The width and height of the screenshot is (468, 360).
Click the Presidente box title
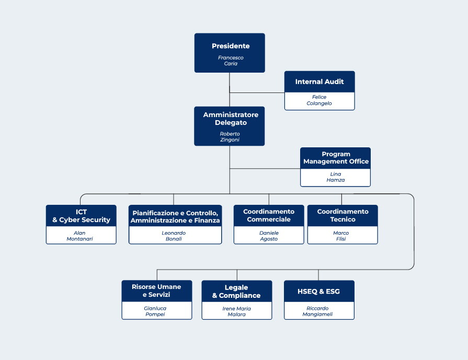(x=231, y=46)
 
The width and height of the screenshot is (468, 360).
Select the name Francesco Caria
(x=231, y=61)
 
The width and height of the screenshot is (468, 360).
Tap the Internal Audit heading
(x=319, y=82)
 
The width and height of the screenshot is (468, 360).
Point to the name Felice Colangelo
(x=319, y=100)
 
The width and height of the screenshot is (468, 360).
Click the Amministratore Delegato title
(x=231, y=119)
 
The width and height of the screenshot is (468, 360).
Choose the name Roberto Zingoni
(x=230, y=136)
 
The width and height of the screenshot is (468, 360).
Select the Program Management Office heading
(x=336, y=158)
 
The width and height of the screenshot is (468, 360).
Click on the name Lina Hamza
(x=336, y=177)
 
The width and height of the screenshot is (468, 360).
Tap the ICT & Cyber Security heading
(x=81, y=216)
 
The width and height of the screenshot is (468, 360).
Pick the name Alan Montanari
(x=79, y=236)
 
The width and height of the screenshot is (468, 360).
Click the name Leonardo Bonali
(x=174, y=236)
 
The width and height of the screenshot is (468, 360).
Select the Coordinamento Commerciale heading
(x=269, y=215)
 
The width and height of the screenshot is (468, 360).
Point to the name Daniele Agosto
(x=269, y=236)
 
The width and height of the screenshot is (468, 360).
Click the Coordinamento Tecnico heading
(x=343, y=215)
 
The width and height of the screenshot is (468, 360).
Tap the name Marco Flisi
(x=341, y=236)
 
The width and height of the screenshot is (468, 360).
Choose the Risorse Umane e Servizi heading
(x=156, y=291)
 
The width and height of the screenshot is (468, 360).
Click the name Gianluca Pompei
(x=155, y=311)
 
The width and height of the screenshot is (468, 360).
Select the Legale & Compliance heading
(x=236, y=292)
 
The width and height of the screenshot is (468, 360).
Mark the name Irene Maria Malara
(x=237, y=311)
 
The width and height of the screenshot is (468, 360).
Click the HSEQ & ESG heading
(x=318, y=292)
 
